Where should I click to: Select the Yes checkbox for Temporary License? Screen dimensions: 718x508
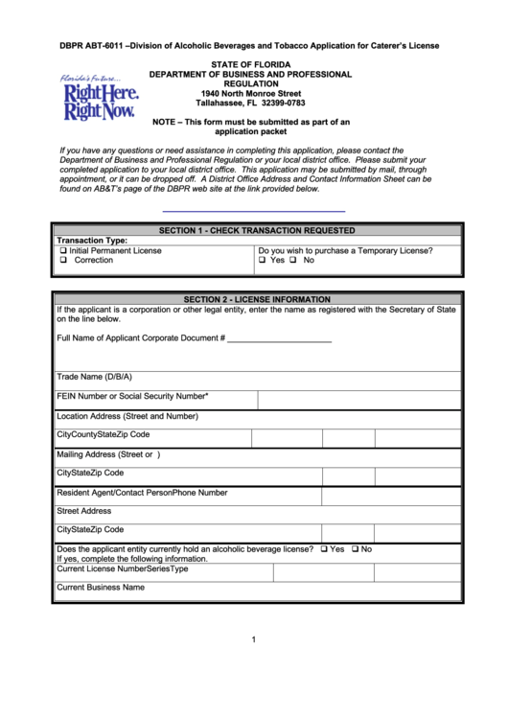(x=263, y=261)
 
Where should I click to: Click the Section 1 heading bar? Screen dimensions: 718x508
(x=256, y=230)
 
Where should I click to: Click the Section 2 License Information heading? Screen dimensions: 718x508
(x=256, y=299)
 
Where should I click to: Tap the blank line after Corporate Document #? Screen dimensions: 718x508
(x=279, y=338)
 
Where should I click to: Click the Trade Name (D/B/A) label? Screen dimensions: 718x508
(x=94, y=377)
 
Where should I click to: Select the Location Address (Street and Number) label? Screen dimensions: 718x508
(x=127, y=416)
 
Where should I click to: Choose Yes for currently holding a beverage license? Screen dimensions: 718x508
(x=325, y=549)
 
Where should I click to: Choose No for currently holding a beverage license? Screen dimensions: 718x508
(x=356, y=549)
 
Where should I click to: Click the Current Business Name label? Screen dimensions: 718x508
(x=101, y=587)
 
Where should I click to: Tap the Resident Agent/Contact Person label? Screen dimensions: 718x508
(x=114, y=492)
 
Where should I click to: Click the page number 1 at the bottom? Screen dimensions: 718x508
(x=254, y=639)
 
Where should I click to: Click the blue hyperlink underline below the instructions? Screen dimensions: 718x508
(x=253, y=210)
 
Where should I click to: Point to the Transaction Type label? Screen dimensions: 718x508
(x=92, y=241)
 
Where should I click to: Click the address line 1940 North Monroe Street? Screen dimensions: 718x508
(x=250, y=93)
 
